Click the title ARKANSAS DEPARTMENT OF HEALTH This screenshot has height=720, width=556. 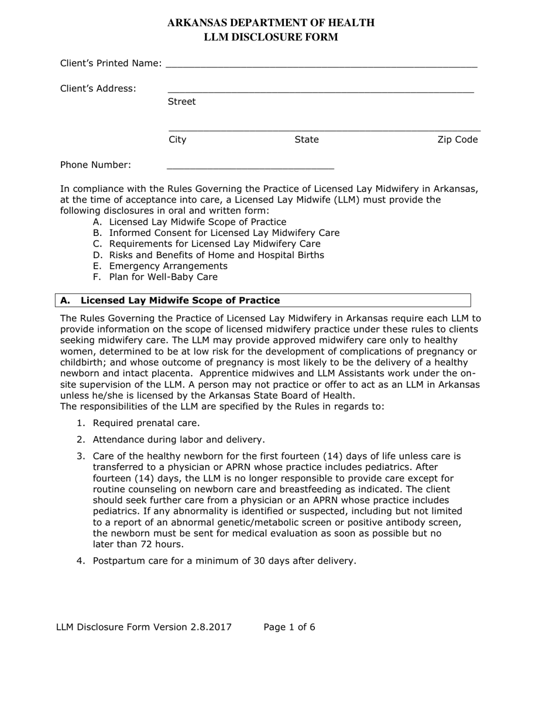click(x=270, y=23)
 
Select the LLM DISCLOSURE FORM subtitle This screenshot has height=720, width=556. click(x=270, y=37)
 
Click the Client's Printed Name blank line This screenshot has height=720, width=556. click(x=321, y=64)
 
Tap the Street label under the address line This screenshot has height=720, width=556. click(x=181, y=102)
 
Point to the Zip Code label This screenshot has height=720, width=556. click(x=458, y=139)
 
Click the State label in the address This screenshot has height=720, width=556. click(x=307, y=139)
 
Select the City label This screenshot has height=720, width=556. click(x=177, y=139)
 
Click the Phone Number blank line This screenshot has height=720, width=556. click(x=250, y=166)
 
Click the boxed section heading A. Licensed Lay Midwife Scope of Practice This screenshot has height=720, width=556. click(x=180, y=300)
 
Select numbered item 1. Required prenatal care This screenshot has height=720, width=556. click(x=146, y=423)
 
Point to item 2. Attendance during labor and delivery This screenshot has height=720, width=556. click(x=179, y=439)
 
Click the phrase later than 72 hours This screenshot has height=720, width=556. click(x=138, y=544)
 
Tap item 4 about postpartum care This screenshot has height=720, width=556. click(x=224, y=561)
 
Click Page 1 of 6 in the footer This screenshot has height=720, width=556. click(x=289, y=627)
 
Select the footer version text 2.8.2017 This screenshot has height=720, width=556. click(x=210, y=627)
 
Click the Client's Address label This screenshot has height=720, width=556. click(x=98, y=88)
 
